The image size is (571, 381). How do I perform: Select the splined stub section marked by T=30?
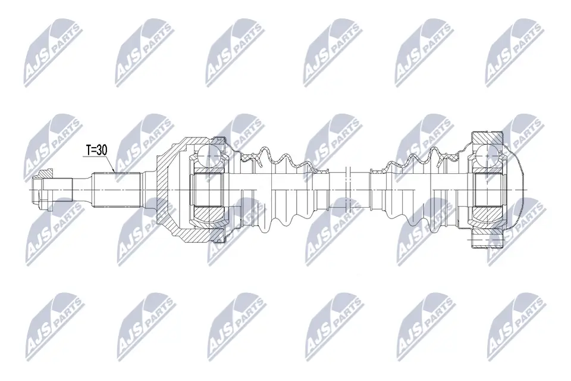[117, 189]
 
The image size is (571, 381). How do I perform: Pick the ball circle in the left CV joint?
[208, 156]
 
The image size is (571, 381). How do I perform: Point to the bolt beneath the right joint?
[487, 239]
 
